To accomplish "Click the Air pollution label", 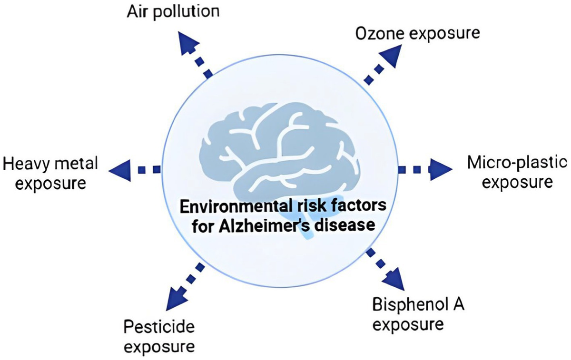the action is click(173, 12).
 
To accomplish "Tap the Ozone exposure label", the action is click(418, 34).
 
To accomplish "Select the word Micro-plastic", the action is click(517, 164).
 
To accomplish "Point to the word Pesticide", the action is click(159, 328).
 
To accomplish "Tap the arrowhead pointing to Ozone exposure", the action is click(391, 56).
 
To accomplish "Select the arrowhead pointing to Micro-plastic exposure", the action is click(441, 169).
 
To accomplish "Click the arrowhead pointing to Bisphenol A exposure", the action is click(394, 279).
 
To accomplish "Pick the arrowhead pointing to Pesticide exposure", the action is click(177, 299).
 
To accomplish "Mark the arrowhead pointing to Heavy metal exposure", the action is click(119, 170).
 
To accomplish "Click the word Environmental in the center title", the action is click(227, 206).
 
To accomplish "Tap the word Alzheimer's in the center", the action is click(264, 226).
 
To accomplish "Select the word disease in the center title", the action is click(345, 225).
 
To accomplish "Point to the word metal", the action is click(77, 164).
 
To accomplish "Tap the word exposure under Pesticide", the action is click(159, 348).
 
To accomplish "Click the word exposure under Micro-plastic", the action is click(518, 183).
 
